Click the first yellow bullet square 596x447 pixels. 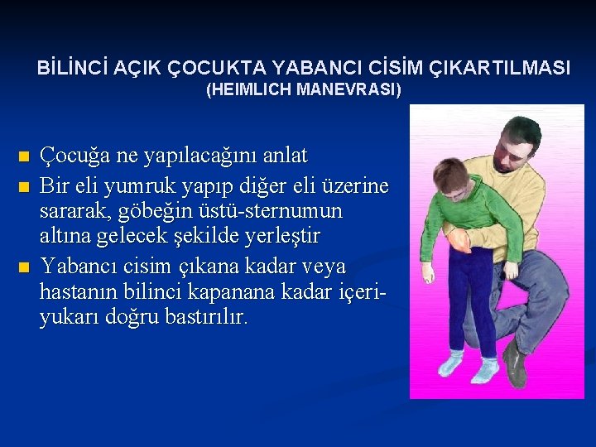(23, 156)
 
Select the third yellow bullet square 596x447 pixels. (23, 267)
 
